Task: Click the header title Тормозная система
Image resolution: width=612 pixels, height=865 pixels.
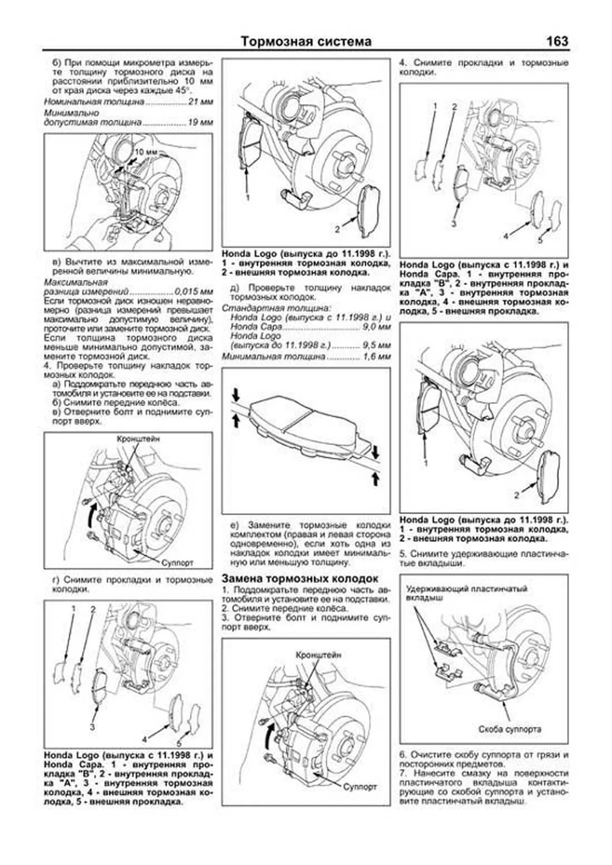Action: (x=306, y=41)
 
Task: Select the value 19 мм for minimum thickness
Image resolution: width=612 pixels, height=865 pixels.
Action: (x=200, y=123)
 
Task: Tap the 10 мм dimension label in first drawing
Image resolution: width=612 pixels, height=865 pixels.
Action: (x=146, y=152)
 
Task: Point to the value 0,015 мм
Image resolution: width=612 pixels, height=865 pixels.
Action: (x=193, y=292)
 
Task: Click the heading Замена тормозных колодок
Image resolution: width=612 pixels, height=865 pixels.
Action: (x=300, y=579)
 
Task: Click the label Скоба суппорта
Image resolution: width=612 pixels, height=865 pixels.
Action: (x=509, y=729)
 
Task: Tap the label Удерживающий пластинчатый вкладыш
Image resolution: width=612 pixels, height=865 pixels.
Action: (x=466, y=593)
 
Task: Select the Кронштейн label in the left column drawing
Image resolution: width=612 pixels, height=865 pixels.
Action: (x=138, y=438)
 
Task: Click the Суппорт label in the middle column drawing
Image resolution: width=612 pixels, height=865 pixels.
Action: (x=360, y=787)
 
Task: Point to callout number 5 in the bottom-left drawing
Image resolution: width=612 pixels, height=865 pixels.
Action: (x=179, y=744)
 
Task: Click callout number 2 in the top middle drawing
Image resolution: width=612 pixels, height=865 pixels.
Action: (x=337, y=229)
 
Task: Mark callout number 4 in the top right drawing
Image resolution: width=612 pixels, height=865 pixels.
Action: (x=506, y=237)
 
